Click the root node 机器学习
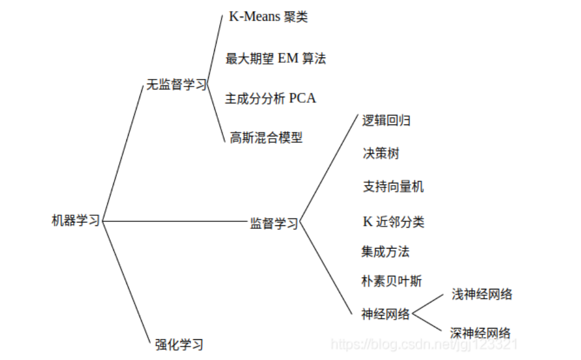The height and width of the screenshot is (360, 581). (x=76, y=221)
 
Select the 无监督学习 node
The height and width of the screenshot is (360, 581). (x=176, y=85)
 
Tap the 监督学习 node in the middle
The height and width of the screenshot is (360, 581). (x=274, y=224)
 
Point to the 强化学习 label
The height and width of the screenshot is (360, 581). (x=179, y=344)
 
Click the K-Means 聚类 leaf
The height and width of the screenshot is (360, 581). (x=268, y=17)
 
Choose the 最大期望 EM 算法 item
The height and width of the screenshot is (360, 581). (x=275, y=58)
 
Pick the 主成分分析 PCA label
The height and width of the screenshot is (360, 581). (x=270, y=98)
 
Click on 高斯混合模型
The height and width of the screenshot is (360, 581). (x=266, y=138)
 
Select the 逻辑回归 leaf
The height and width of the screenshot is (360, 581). (x=386, y=121)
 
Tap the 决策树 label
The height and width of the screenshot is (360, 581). (x=381, y=154)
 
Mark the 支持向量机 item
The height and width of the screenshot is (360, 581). (x=393, y=187)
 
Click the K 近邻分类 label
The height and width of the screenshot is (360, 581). (x=393, y=222)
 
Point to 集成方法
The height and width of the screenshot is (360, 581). (x=385, y=251)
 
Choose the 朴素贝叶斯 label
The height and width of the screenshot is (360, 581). (x=392, y=281)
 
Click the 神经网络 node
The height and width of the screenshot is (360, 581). (x=386, y=314)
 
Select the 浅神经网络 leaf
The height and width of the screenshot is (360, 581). (x=482, y=294)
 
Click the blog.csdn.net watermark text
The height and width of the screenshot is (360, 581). (x=424, y=344)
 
